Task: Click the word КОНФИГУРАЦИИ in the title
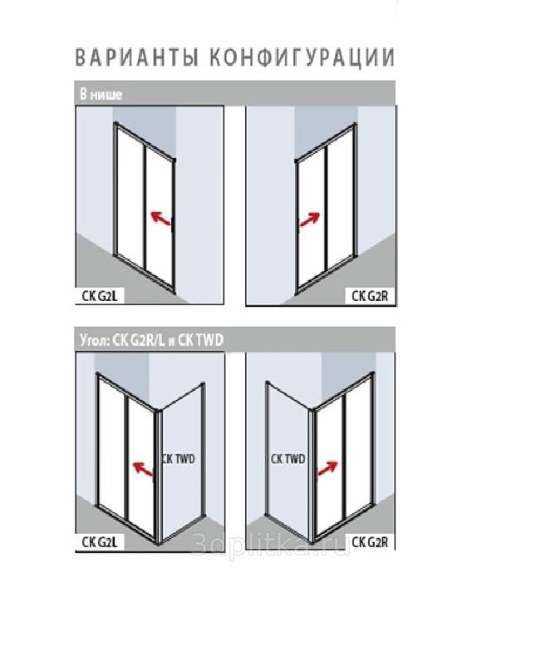point(302,57)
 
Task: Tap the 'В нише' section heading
point(101,95)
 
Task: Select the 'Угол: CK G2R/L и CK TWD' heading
point(151,340)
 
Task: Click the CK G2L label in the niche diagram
point(100,296)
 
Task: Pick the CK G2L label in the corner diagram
point(100,542)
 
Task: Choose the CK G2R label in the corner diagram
point(370,542)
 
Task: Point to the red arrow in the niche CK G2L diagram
point(160,218)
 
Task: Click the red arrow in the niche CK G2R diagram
point(310,220)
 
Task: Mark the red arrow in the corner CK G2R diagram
point(327,468)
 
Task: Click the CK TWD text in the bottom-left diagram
point(178,459)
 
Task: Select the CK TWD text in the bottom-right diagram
point(288,459)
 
